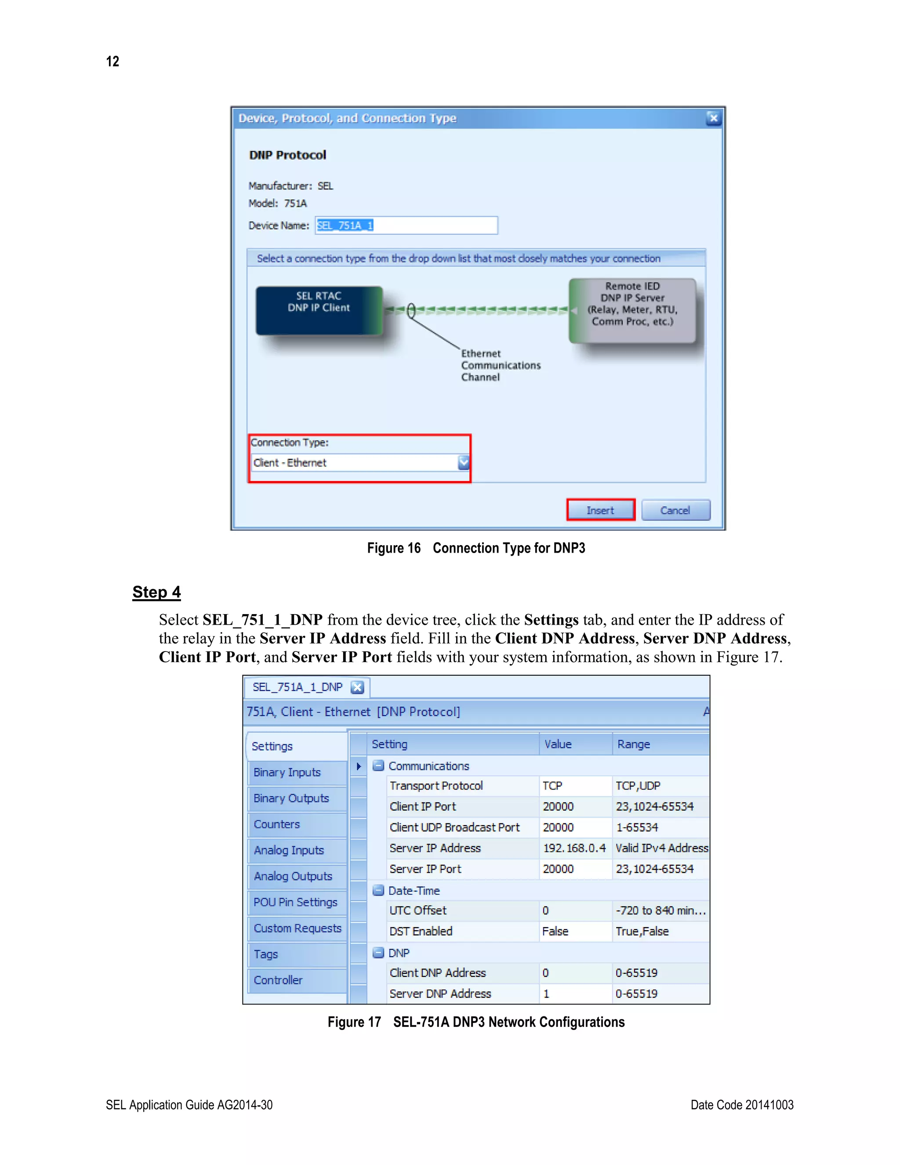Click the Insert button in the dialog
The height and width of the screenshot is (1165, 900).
[x=600, y=510]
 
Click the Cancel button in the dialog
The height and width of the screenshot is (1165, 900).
[x=675, y=510]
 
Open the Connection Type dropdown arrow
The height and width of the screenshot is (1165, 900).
[x=463, y=462]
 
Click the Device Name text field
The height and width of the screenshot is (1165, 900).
[x=406, y=225]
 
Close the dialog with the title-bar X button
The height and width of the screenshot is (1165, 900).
[x=713, y=118]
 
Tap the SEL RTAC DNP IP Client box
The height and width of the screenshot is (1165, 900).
[x=319, y=310]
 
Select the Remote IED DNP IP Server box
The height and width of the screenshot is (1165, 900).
[x=632, y=310]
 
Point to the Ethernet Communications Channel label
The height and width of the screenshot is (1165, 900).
[x=500, y=365]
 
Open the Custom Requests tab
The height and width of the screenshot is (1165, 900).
[x=297, y=928]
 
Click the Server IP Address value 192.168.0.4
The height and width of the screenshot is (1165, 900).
[x=574, y=848]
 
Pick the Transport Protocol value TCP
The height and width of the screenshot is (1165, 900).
[x=552, y=786]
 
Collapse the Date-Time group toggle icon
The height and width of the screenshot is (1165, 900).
[x=378, y=890]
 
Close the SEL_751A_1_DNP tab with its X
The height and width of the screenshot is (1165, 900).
[x=357, y=687]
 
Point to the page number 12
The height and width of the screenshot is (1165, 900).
[x=112, y=62]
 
